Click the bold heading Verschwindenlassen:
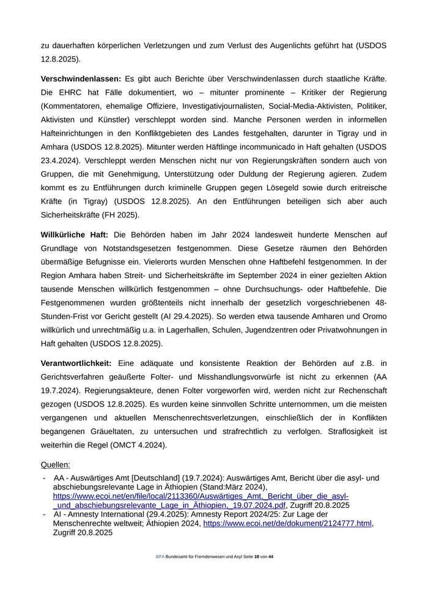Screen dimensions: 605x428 [x=81, y=79]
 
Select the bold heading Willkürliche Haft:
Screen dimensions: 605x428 [x=75, y=235]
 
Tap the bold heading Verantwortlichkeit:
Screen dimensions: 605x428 [x=76, y=364]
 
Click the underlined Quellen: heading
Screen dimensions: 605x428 [x=56, y=465]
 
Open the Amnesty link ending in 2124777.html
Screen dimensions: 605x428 [x=287, y=524]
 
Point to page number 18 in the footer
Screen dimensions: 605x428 [x=257, y=557]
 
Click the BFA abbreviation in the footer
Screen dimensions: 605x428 [x=160, y=557]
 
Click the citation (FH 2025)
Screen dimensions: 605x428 [x=120, y=215]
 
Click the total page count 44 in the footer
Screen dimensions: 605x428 [x=271, y=557]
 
